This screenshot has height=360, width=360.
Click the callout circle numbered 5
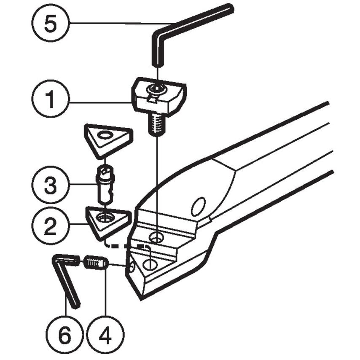click(50, 23)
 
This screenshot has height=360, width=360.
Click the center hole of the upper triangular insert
click(104, 136)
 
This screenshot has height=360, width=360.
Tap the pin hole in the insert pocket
click(150, 264)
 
